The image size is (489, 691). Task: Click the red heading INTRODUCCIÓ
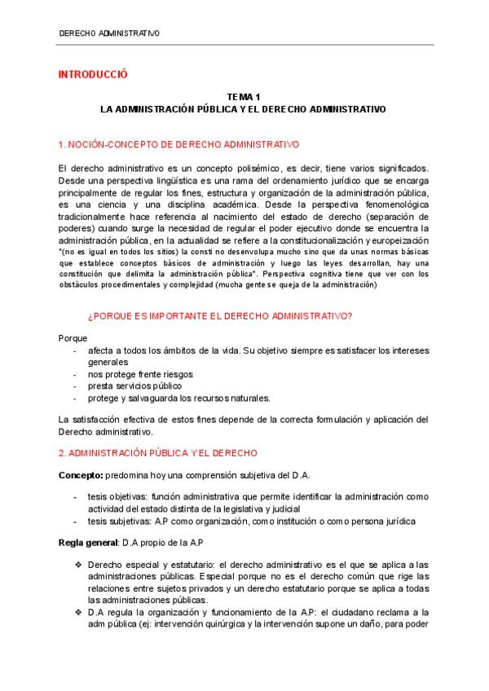pos(94,74)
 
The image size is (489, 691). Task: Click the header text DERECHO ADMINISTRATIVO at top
pos(109,33)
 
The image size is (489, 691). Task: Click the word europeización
pos(399,242)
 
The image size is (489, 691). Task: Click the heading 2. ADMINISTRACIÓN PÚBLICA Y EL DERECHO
pos(159,451)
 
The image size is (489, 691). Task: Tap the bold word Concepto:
pos(80,474)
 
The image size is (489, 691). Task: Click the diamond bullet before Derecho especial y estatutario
pos(77,564)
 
